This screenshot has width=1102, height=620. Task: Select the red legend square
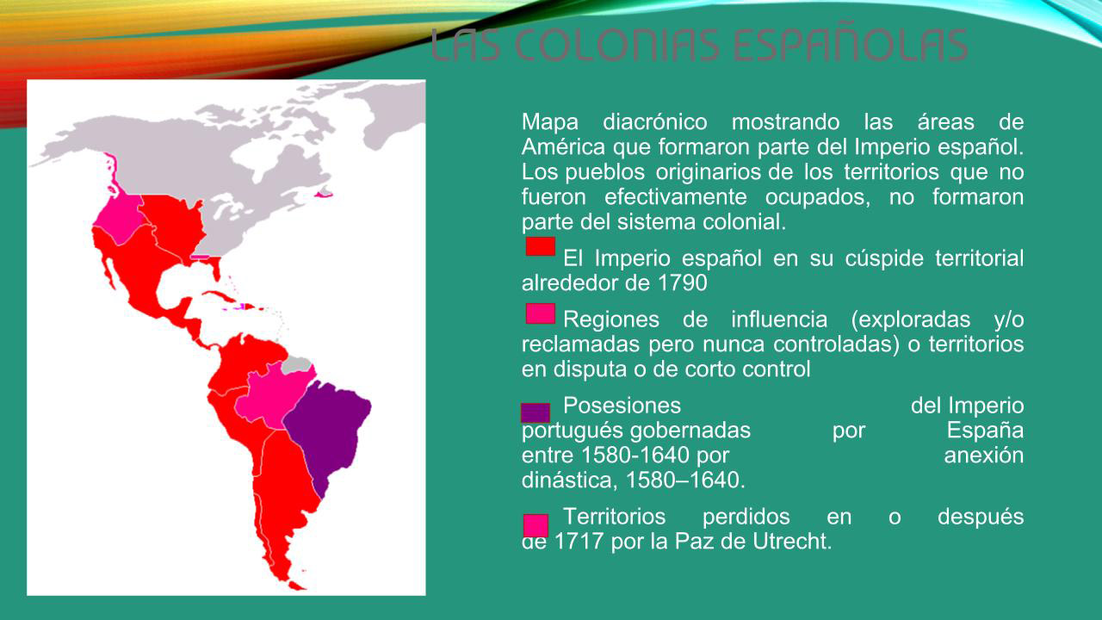[540, 246]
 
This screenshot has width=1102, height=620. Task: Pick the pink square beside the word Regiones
[540, 313]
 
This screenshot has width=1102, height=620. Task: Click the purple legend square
[536, 412]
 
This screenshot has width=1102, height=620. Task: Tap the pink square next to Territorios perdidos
[536, 525]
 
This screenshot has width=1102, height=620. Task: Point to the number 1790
[682, 283]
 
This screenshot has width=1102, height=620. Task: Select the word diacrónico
[655, 122]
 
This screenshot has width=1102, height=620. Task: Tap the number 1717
[579, 542]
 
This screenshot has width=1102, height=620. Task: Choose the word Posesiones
[622, 406]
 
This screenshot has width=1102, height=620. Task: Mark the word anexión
[983, 456]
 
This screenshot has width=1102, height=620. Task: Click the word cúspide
[884, 259]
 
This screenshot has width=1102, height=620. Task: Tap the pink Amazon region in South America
[273, 396]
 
